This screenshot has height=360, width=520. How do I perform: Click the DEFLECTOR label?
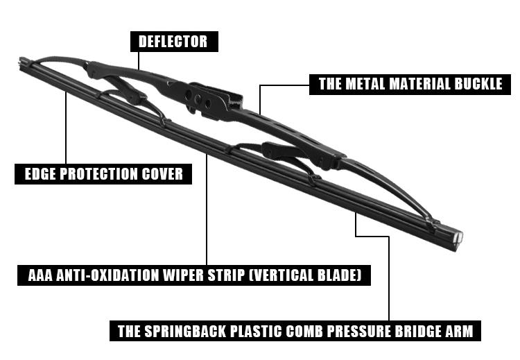coord(174,42)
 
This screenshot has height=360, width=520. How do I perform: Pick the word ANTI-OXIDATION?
coord(107,275)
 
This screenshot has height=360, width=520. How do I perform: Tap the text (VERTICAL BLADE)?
coord(305,275)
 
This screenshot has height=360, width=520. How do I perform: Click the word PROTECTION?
coord(98,174)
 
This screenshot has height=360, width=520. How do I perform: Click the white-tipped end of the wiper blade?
coord(458,237)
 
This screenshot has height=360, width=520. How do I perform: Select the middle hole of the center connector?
coord(198,98)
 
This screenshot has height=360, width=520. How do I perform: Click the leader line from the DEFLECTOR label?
coord(138,61)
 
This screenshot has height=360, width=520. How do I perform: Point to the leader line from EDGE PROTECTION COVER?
coord(66,128)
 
